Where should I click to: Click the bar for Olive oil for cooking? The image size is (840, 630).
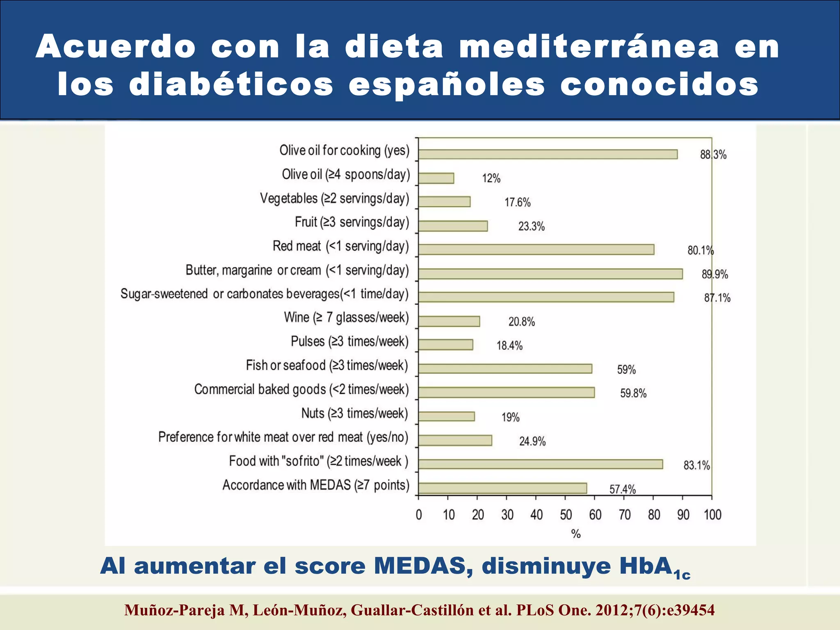[548, 154]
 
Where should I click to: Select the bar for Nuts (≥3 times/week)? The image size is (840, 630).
[446, 416]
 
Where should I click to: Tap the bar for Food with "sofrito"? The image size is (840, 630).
[540, 464]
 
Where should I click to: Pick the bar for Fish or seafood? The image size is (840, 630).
[505, 368]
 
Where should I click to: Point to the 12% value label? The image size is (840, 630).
[491, 178]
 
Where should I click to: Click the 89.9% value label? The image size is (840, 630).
[714, 274]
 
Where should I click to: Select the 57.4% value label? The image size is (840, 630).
[622, 489]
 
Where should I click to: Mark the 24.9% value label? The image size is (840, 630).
[532, 441]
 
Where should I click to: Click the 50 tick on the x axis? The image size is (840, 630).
[566, 515]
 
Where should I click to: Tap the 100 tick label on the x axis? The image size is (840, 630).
[712, 515]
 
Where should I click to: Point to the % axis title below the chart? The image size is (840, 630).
[576, 534]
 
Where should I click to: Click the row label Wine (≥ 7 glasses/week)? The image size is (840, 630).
[346, 317]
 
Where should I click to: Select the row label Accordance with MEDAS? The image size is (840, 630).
[316, 485]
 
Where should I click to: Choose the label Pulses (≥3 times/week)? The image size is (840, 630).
[349, 341]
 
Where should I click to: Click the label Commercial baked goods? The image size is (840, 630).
[301, 389]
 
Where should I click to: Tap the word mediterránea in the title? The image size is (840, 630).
[589, 46]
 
